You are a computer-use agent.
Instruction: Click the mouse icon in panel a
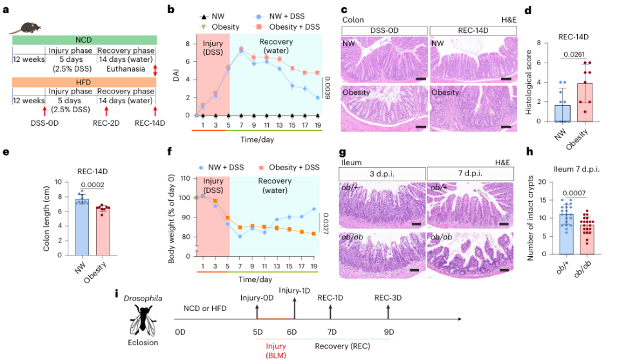pos(28,27)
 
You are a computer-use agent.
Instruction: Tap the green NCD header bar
pos(84,40)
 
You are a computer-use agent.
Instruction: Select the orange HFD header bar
pos(84,82)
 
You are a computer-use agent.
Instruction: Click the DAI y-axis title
pos(172,79)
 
